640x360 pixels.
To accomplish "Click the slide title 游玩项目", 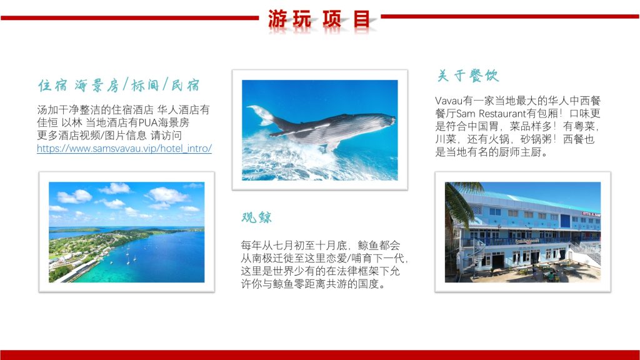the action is [319, 19].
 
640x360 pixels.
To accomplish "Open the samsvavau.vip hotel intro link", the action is [124, 148].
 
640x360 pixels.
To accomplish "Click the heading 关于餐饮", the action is [467, 76].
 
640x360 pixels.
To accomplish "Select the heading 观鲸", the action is [256, 217].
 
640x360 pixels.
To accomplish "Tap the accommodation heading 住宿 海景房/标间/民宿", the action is [119, 85].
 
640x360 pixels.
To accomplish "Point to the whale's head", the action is [384, 121].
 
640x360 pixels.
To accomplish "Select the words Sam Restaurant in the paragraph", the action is [491, 113].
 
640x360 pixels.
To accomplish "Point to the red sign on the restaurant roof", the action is [591, 214].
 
